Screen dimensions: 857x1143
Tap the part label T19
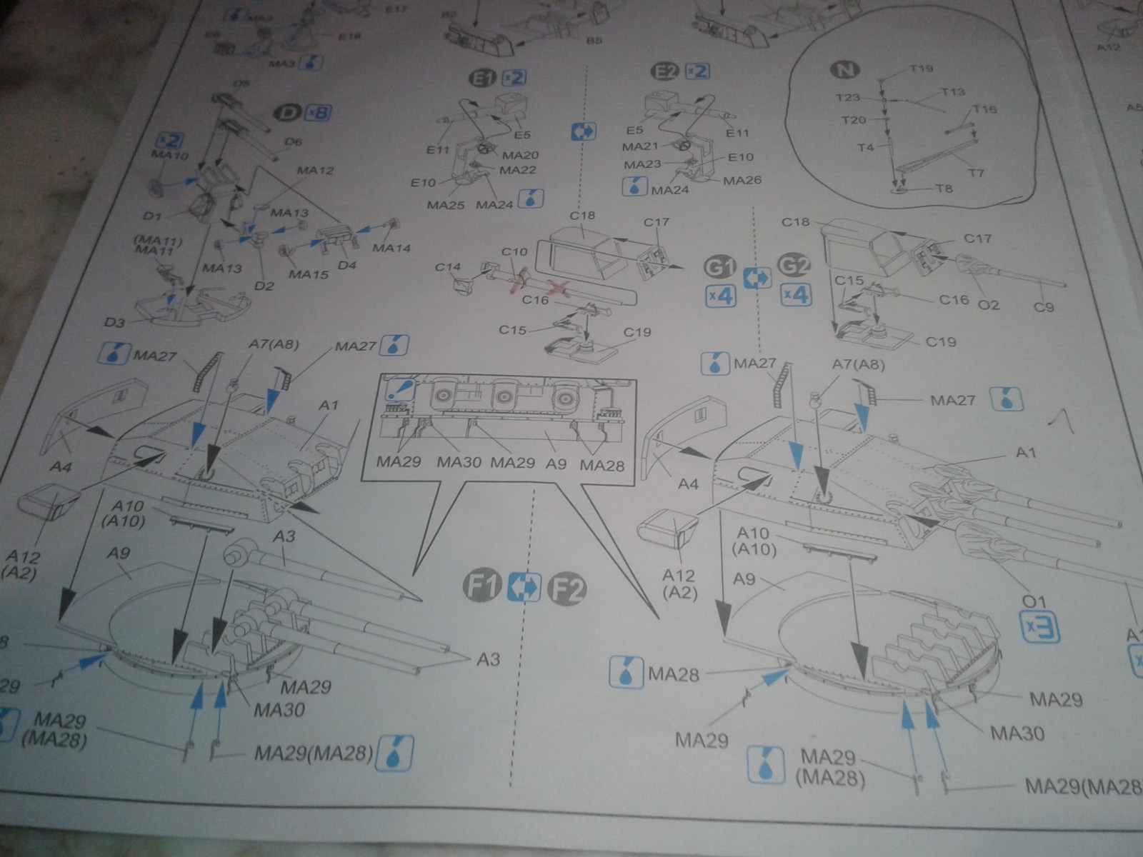pos(922,69)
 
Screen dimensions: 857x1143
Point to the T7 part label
pos(976,172)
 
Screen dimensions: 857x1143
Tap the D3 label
pos(115,323)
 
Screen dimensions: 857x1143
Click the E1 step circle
pos(483,76)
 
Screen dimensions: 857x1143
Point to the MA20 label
pos(521,155)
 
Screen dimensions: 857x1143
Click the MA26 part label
pos(743,180)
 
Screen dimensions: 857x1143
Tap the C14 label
pos(448,267)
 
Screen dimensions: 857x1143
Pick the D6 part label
pos(294,141)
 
